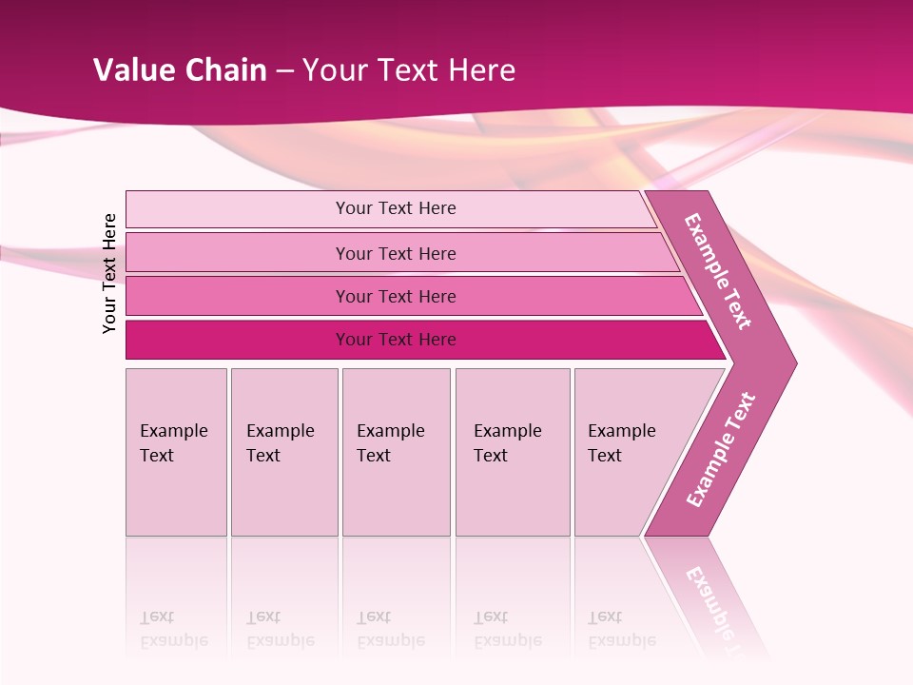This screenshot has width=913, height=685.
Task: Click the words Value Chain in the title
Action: pos(180,70)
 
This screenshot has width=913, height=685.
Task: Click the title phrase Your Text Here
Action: pos(409,70)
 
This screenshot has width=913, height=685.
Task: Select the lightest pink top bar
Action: pos(238,209)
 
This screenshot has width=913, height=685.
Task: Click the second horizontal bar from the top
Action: pos(238,253)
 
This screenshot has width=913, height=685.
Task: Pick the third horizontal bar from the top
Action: pos(238,296)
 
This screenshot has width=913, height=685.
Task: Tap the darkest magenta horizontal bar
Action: pos(238,340)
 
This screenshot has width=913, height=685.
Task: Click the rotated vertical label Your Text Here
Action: pos(109,273)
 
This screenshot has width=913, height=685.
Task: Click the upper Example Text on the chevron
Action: pos(718,271)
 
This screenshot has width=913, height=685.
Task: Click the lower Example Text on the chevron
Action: pos(721,449)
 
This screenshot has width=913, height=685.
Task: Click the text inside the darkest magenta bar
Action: pos(396,340)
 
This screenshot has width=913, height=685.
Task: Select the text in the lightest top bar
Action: pos(396,208)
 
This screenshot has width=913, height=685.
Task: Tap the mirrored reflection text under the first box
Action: pos(173,629)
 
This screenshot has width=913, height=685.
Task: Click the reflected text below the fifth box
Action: pos(621,629)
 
